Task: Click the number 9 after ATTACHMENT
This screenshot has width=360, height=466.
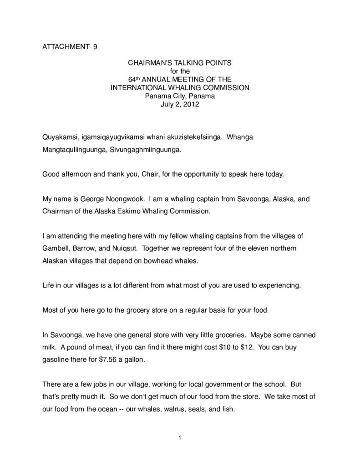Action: click(x=95, y=46)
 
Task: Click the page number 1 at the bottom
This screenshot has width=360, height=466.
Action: click(x=180, y=438)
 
